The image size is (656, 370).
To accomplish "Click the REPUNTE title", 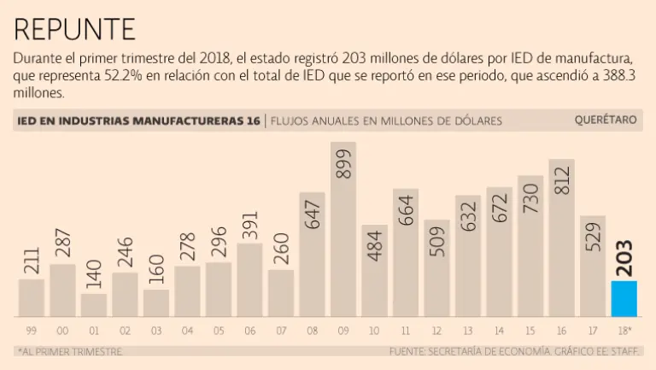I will [x=75, y=29].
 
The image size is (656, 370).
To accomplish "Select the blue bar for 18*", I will [x=624, y=297].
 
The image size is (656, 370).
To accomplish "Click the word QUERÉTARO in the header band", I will [x=606, y=120].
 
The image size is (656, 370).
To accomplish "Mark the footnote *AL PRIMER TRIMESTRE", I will [x=69, y=351].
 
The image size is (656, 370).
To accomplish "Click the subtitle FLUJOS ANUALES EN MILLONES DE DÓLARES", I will [x=386, y=120].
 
